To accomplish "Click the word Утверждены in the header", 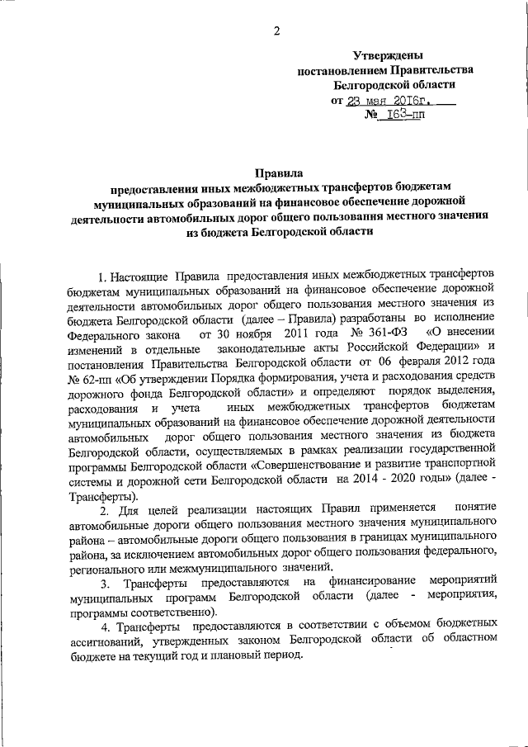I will point(388,55).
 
